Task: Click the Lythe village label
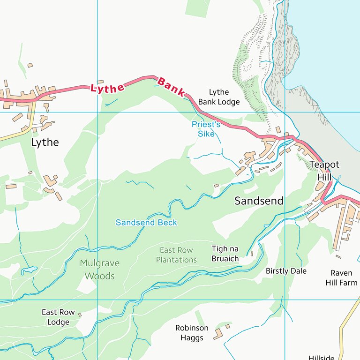[45, 142]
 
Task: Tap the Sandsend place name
[259, 201]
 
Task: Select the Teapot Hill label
[324, 171]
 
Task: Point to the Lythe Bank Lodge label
[218, 97]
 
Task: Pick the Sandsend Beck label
[146, 222]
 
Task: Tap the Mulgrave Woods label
[99, 270]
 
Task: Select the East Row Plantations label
[176, 255]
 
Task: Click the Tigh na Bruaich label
[225, 254]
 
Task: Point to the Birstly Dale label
[286, 271]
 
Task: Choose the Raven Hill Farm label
[341, 278]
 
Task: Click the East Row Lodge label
[58, 317]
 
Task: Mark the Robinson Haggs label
[192, 333]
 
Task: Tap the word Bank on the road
[171, 87]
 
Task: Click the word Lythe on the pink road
[107, 88]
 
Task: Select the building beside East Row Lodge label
[80, 315]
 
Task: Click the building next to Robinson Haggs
[218, 333]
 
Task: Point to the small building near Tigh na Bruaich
[252, 254]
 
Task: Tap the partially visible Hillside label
[322, 357]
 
